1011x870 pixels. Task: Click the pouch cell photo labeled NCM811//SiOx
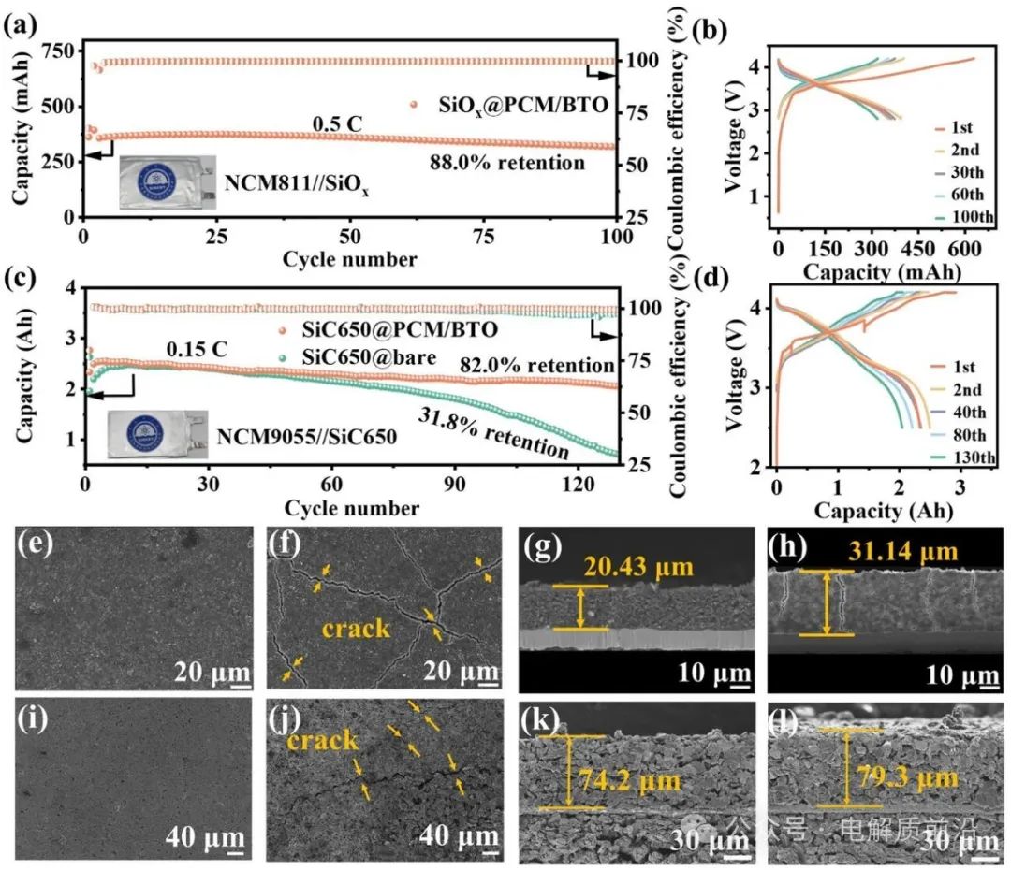(x=167, y=181)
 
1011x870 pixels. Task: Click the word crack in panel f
(x=356, y=628)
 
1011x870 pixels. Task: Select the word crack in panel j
(x=323, y=741)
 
